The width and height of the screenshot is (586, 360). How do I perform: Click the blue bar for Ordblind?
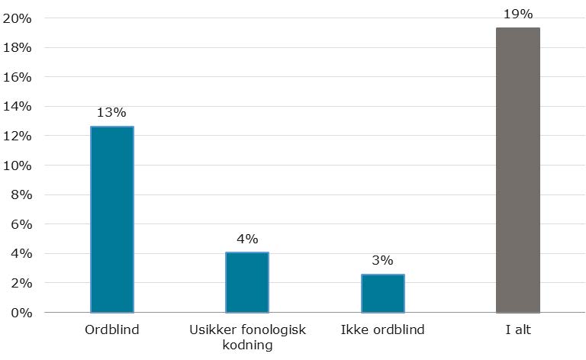(x=112, y=220)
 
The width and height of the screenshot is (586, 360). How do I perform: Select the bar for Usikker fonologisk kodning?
(x=247, y=282)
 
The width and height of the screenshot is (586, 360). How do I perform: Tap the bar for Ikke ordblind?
(x=382, y=294)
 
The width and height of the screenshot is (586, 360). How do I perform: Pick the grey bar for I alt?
(x=517, y=170)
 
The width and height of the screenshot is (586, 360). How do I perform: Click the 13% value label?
(x=112, y=113)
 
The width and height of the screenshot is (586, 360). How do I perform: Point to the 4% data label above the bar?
(x=247, y=238)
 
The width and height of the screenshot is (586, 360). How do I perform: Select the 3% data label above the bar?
(x=382, y=261)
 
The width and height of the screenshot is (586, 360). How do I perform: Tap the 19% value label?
(x=517, y=14)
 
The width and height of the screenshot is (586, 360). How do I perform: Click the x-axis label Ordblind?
(x=112, y=330)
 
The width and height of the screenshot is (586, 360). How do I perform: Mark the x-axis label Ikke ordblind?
(x=382, y=330)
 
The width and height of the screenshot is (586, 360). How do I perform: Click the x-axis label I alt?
(x=517, y=330)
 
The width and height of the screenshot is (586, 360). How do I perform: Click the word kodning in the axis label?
(x=247, y=345)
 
